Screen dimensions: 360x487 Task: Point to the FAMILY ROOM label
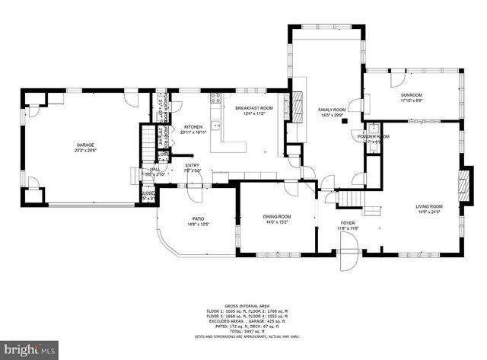click(332, 110)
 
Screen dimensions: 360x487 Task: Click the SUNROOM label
click(411, 94)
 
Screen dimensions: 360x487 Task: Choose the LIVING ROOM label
click(428, 206)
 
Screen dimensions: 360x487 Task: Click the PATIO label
click(197, 218)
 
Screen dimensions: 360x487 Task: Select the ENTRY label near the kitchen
click(192, 165)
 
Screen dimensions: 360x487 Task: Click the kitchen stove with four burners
click(215, 97)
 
